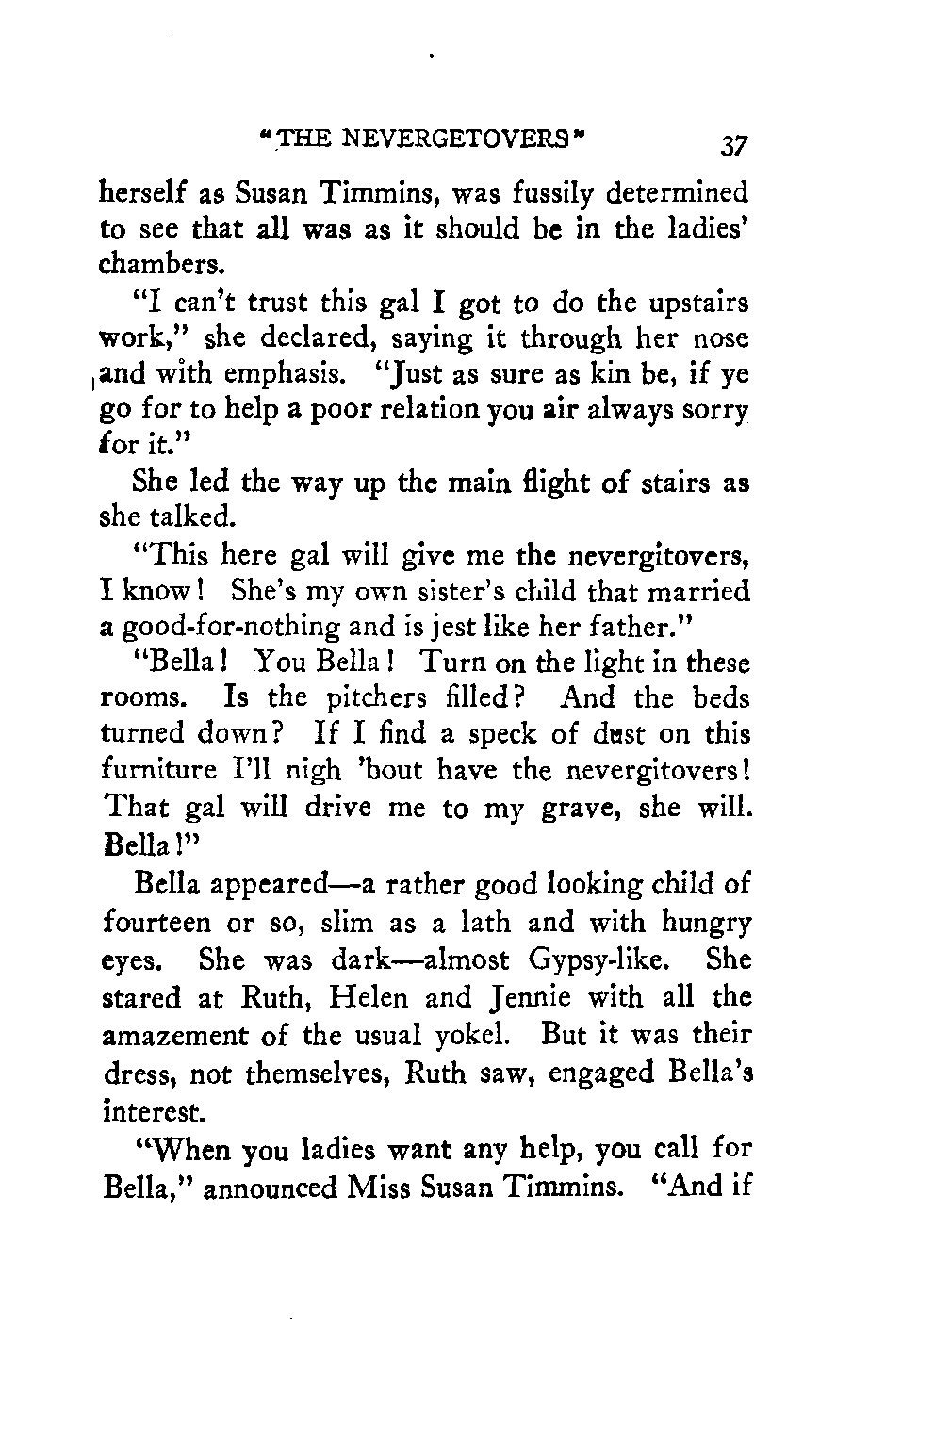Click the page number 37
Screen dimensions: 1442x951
click(x=731, y=145)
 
